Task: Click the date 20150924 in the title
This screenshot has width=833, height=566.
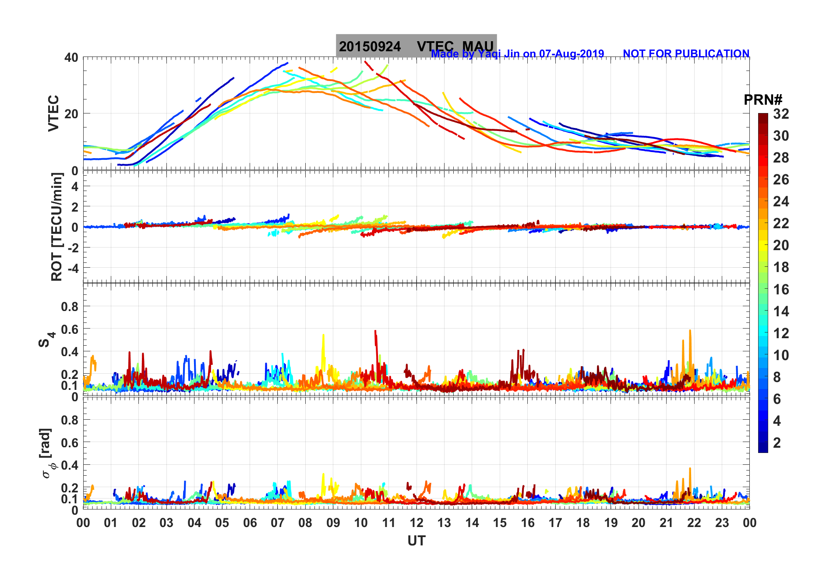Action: point(370,46)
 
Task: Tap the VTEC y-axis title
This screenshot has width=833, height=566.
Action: point(53,113)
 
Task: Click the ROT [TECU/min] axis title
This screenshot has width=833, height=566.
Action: point(56,226)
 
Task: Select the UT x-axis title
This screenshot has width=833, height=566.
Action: point(416,541)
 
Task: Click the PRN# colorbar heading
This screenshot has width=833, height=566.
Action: point(763,100)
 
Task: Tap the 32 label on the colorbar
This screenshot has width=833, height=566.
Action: point(781,114)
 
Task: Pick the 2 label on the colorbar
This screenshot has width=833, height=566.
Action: point(777,442)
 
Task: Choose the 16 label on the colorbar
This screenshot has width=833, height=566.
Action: point(781,289)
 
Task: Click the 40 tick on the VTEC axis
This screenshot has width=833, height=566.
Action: point(71,57)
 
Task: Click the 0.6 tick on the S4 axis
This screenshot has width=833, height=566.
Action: point(69,329)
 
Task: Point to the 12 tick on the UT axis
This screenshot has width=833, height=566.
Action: point(416,523)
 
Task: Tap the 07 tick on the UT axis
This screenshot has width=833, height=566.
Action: point(278,523)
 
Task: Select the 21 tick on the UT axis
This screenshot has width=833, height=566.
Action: point(666,523)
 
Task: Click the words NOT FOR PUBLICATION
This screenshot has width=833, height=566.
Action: point(686,53)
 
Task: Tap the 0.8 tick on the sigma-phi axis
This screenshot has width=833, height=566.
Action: point(69,420)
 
